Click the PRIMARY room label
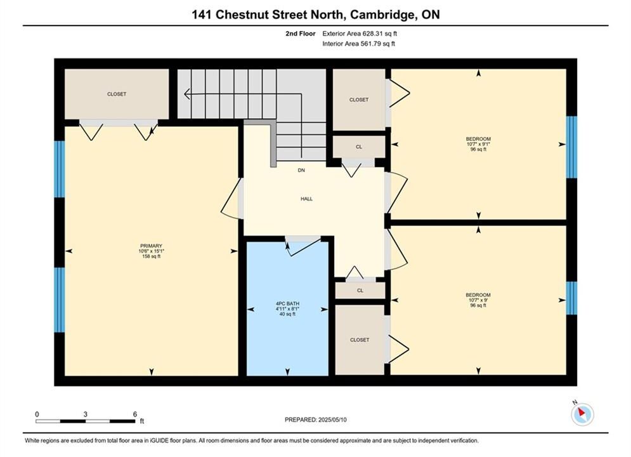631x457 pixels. point(151,246)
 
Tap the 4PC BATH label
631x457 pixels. point(287,303)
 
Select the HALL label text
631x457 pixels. point(307,199)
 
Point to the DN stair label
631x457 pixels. point(301,170)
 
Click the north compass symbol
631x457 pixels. point(582,413)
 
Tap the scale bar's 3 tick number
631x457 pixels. point(86,414)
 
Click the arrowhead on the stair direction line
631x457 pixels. point(186,94)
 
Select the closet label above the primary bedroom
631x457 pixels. point(117,94)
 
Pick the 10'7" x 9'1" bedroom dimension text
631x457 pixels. point(478,144)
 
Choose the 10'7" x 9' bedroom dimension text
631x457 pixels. point(478,300)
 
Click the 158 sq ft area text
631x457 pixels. point(151,256)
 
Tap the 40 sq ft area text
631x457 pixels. point(287,314)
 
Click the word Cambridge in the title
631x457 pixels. point(382,15)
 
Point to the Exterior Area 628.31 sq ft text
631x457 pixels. point(360,34)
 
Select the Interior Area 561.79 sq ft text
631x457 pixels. point(358,44)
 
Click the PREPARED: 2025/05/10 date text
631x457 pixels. point(316,420)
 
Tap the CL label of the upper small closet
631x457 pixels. point(359,147)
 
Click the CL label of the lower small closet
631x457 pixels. point(360,290)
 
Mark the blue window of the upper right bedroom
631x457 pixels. point(571,147)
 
